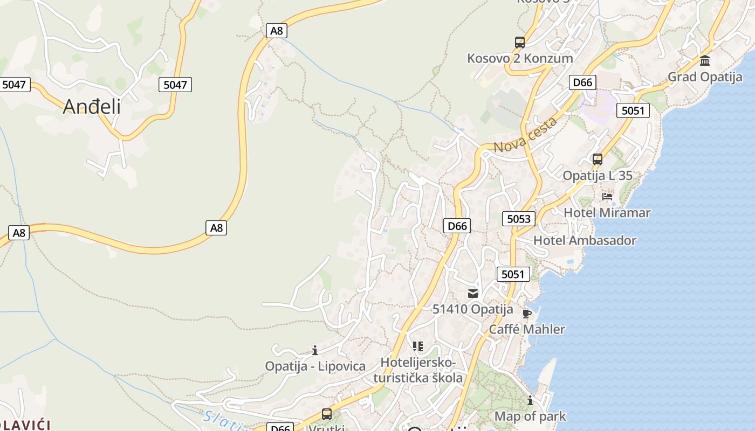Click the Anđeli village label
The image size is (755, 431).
coord(92,107)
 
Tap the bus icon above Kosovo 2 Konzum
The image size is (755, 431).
coord(519,43)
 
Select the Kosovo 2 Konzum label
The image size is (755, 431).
coord(520,58)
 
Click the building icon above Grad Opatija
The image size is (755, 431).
coord(705,61)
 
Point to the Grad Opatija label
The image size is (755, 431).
coord(705,77)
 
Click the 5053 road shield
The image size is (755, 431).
coord(519,219)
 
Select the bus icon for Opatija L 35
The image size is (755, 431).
coord(597,159)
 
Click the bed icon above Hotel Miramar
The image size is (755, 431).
coord(607,197)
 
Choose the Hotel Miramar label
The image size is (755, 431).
coord(607,213)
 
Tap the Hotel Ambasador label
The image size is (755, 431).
coord(585,240)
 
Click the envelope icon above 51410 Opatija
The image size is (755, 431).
coord(473,294)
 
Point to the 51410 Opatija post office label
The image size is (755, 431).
coord(473,309)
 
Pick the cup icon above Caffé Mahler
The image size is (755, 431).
coord(527,314)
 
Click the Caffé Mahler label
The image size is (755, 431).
coord(527,329)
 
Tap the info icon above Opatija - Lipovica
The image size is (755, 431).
coord(315,351)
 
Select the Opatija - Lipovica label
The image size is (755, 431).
coord(315,366)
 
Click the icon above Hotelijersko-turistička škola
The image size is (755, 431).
coord(418,346)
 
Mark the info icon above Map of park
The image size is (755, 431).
coord(530,400)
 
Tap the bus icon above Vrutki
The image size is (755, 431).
coord(327,414)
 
